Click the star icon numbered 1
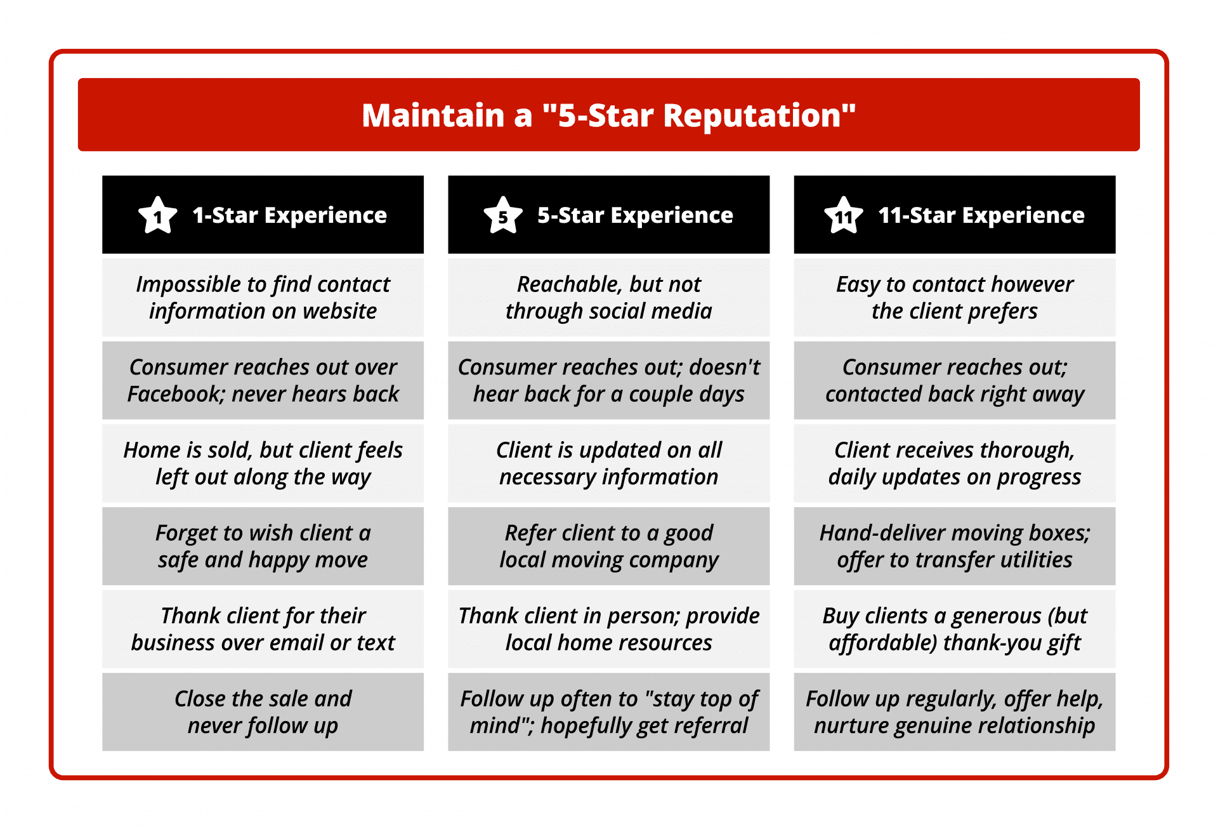tap(157, 216)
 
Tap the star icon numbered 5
tap(502, 216)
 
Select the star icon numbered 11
tap(843, 216)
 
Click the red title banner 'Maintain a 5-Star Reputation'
tap(608, 115)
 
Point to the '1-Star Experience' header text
tap(289, 216)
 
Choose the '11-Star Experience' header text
tap(981, 216)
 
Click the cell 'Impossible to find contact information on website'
tap(263, 297)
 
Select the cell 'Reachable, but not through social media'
tap(608, 297)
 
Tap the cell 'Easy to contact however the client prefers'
tap(954, 297)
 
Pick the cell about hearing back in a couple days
tap(608, 380)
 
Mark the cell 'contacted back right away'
tap(954, 380)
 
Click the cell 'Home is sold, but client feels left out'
tap(263, 463)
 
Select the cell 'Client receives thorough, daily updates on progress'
tap(954, 463)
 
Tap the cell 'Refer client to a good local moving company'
tap(608, 546)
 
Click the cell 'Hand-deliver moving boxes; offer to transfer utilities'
tap(954, 546)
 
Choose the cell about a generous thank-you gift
tap(954, 629)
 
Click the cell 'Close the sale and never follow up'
tap(263, 712)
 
